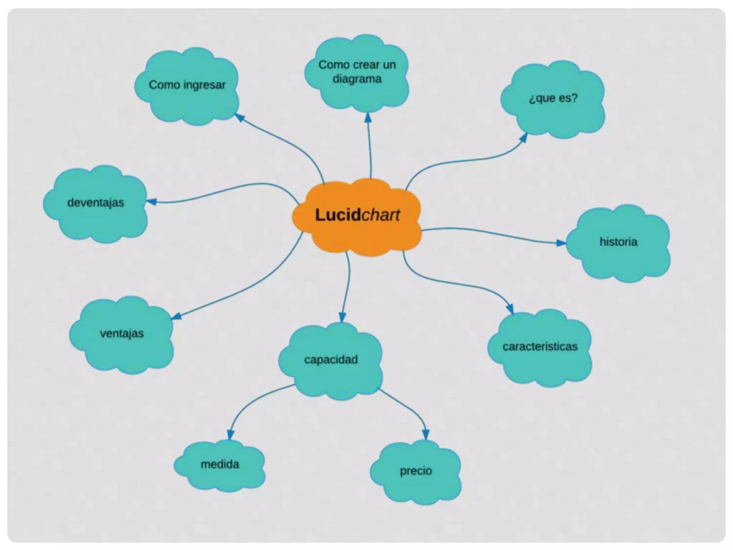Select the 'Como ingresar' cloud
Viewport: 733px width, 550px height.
[187, 86]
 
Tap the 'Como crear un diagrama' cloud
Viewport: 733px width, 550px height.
[357, 72]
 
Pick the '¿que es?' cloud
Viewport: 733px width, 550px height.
[553, 98]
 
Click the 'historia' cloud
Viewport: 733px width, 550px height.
[618, 242]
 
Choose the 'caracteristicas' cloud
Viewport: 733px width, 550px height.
[540, 347]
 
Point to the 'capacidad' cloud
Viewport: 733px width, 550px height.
[331, 360]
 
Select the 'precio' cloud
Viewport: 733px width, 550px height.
[416, 471]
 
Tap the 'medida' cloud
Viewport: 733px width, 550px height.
[220, 465]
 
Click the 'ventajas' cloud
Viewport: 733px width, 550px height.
[122, 334]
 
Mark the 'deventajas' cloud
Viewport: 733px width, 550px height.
[96, 203]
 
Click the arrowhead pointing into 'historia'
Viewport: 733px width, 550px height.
[561, 243]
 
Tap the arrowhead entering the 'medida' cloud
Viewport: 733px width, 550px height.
[230, 435]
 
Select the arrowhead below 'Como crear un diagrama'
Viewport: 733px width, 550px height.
[368, 118]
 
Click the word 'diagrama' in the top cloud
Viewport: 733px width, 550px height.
[357, 79]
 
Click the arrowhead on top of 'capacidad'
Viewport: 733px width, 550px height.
[343, 318]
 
